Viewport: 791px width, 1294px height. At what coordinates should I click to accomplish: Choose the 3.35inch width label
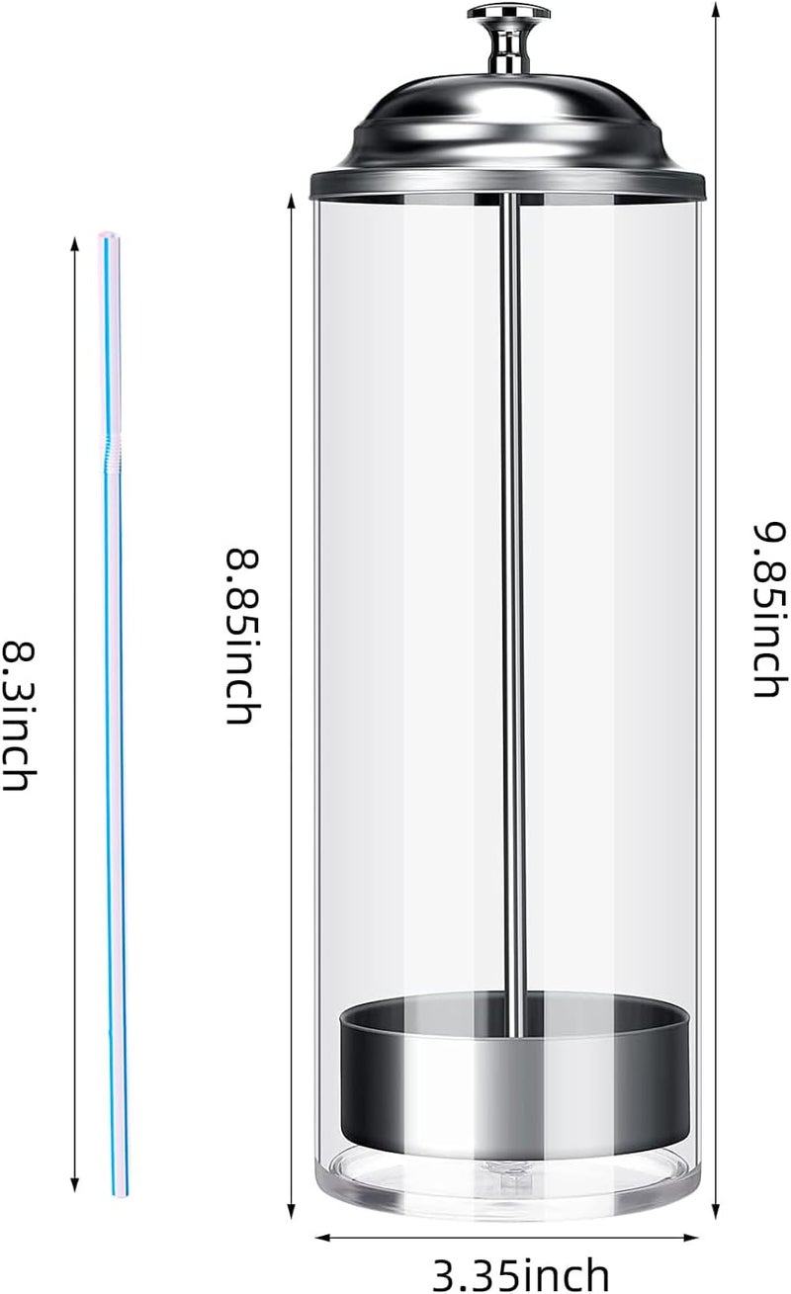(x=521, y=1273)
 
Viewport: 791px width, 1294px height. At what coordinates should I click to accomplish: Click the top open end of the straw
(x=109, y=235)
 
